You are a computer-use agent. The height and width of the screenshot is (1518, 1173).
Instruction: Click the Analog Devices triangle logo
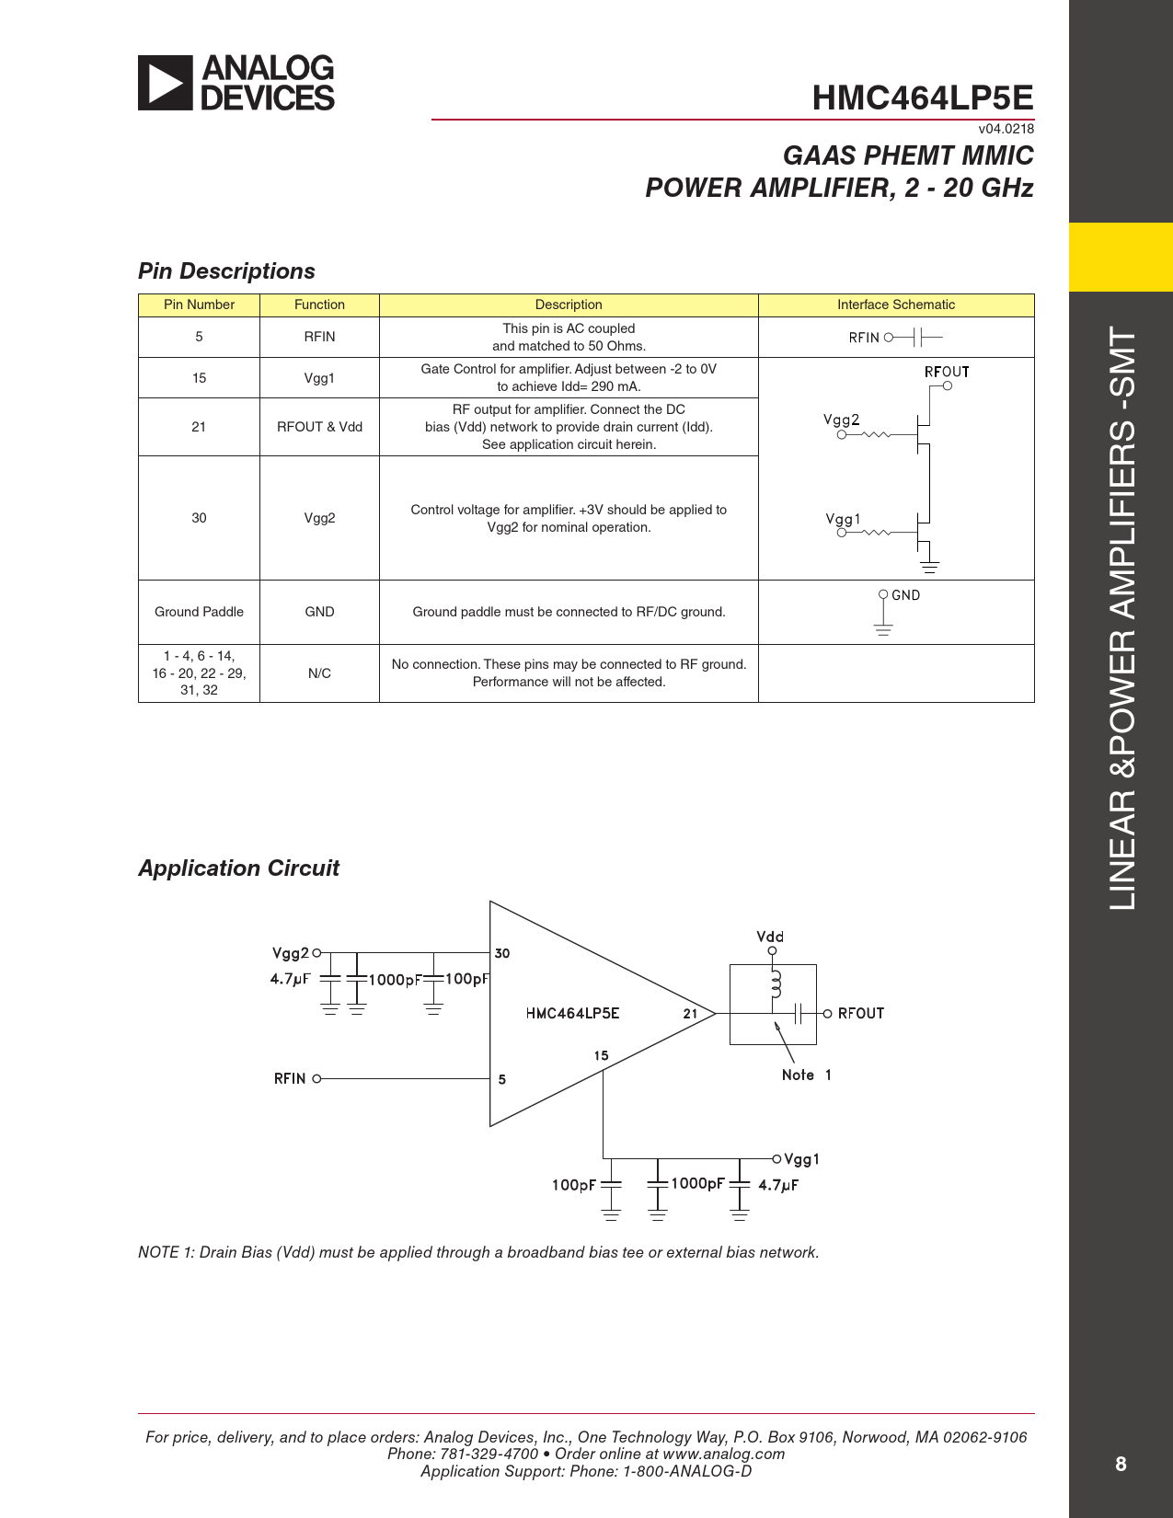(166, 83)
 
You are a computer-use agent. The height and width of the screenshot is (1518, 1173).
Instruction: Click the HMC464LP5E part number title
(922, 98)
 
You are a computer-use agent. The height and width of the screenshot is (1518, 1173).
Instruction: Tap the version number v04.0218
(1006, 129)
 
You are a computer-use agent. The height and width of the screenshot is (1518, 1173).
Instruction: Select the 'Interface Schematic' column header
(895, 305)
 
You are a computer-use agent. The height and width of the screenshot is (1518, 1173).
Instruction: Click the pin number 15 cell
(199, 378)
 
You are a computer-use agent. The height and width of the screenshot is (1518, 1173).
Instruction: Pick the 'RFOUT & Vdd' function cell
(319, 427)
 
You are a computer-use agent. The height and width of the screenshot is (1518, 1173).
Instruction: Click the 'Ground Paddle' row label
(199, 612)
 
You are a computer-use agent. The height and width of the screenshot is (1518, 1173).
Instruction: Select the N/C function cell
(319, 673)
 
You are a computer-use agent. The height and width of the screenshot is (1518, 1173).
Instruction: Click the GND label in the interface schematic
(905, 595)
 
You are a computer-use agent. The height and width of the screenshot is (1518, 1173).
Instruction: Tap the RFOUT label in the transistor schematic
(946, 372)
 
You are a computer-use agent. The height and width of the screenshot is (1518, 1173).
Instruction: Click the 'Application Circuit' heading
(238, 868)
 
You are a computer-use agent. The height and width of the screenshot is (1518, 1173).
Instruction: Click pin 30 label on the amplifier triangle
(502, 953)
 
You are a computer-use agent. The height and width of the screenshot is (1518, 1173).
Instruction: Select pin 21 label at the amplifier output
(690, 1013)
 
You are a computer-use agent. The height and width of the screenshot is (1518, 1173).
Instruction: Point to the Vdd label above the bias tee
(770, 937)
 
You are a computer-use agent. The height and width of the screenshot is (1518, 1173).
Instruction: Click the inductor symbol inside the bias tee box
(776, 984)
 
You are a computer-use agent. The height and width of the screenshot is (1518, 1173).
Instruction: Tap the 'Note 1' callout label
(806, 1075)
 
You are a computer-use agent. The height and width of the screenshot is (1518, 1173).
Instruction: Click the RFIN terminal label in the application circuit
(289, 1078)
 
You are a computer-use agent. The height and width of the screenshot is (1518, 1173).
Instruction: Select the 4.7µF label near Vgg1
(778, 1185)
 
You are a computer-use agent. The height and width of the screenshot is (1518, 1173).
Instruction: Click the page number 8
(1120, 1464)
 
